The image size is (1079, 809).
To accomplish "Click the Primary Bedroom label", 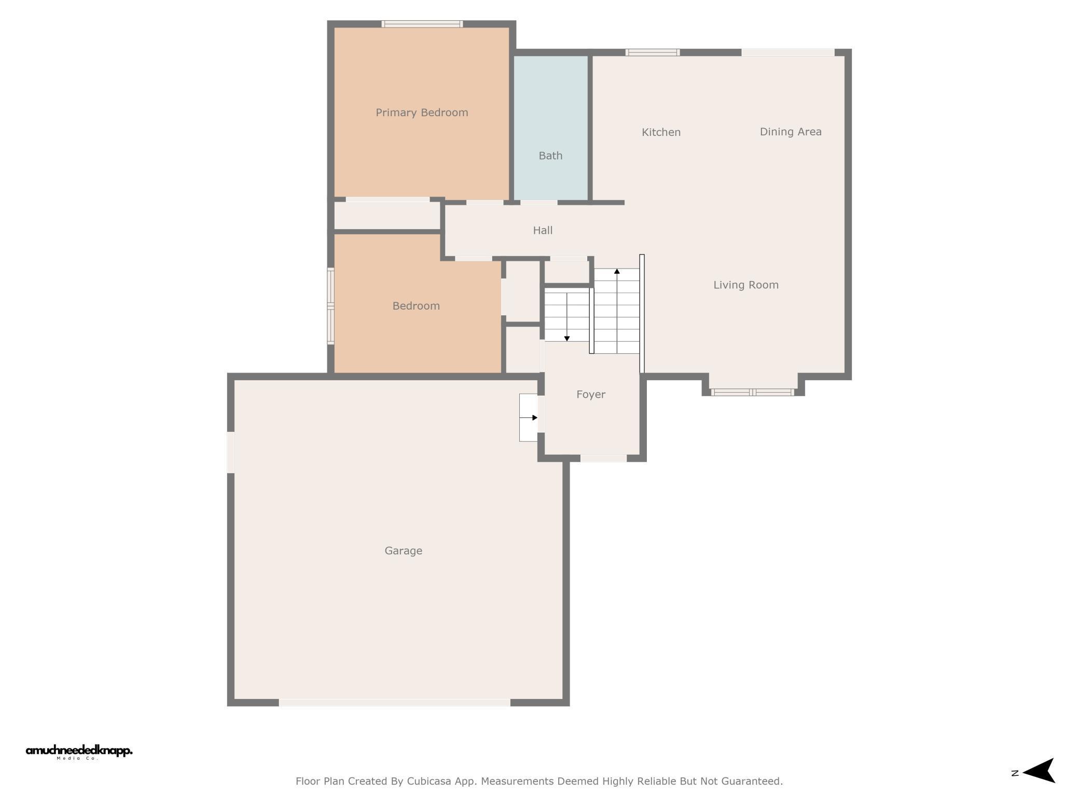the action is pyautogui.click(x=422, y=113).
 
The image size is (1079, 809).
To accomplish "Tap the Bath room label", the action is pyautogui.click(x=550, y=156).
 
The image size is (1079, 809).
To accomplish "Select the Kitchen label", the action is pyautogui.click(x=661, y=132).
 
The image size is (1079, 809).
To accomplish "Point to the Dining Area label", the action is pyautogui.click(x=791, y=132).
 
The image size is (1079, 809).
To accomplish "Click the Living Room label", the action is pyautogui.click(x=746, y=285).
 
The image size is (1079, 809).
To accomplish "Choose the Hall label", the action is pyautogui.click(x=543, y=230).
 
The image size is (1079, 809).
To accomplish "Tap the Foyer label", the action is pyautogui.click(x=591, y=395).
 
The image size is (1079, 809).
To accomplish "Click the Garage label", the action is pyautogui.click(x=403, y=551).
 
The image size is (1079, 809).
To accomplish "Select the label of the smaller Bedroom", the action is pyautogui.click(x=416, y=306).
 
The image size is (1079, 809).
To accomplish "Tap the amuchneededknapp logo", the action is pyautogui.click(x=79, y=752).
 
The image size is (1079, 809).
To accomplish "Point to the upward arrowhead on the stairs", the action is pyautogui.click(x=617, y=271).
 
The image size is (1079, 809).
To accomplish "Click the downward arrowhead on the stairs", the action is pyautogui.click(x=567, y=339).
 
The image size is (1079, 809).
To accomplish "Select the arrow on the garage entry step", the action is pyautogui.click(x=528, y=417).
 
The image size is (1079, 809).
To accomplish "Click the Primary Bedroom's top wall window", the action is pyautogui.click(x=422, y=24).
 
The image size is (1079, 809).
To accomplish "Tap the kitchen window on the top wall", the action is pyautogui.click(x=653, y=52).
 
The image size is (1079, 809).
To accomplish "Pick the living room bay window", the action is pyautogui.click(x=753, y=392).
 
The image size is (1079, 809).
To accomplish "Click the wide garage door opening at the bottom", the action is pyautogui.click(x=395, y=703).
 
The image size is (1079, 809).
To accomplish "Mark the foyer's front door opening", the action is pyautogui.click(x=603, y=458).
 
